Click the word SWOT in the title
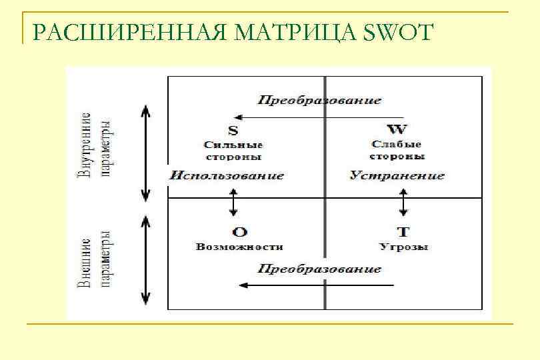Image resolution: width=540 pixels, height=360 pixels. (x=399, y=32)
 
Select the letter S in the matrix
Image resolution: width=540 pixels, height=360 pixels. (x=233, y=130)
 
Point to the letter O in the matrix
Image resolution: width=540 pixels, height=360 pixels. (x=239, y=232)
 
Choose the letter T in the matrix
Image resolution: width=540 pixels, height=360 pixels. (x=403, y=232)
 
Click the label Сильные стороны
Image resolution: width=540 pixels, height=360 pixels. (x=233, y=151)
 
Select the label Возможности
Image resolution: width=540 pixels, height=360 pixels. (x=239, y=247)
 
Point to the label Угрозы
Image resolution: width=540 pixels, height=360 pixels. (x=403, y=247)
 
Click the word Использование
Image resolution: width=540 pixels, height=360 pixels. (x=226, y=176)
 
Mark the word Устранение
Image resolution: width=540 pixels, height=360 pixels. (x=397, y=176)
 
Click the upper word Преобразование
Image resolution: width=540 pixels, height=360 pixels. (x=320, y=101)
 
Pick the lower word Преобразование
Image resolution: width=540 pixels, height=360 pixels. (x=320, y=269)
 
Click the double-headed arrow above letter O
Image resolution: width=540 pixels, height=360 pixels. (x=233, y=202)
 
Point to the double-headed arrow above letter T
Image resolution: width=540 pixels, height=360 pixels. (x=403, y=202)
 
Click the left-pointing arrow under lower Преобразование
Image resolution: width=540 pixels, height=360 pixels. (x=317, y=285)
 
